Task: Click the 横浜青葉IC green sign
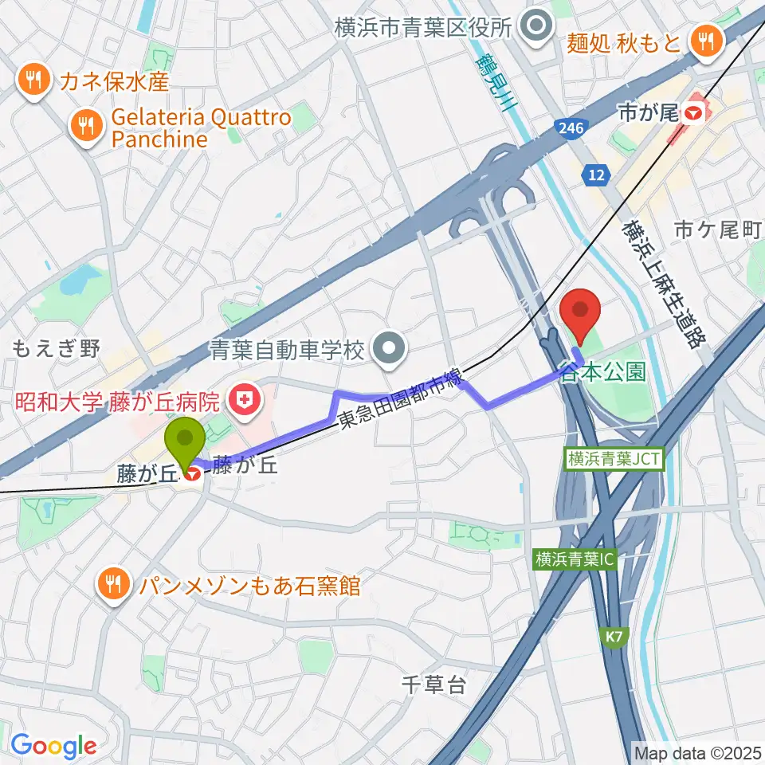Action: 575,559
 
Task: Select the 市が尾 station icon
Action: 692,114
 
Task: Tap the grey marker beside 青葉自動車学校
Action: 390,348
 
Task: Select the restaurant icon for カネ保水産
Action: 33,80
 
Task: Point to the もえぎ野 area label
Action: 57,348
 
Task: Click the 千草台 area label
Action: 433,684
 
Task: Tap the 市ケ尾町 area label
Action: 717,230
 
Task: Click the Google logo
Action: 53,746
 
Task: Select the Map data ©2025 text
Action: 697,751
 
